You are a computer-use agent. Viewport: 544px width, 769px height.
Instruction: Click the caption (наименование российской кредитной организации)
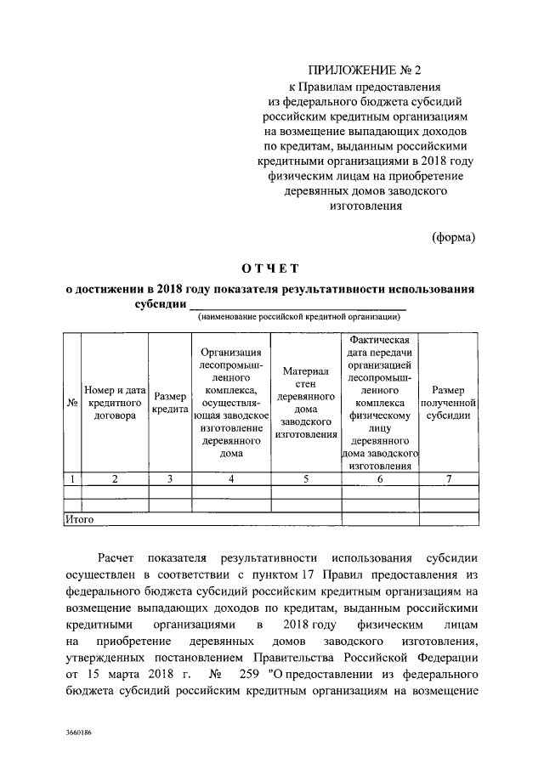pyautogui.click(x=299, y=317)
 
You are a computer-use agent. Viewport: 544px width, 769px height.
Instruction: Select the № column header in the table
pyautogui.click(x=72, y=402)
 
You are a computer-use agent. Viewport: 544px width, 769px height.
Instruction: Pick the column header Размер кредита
pyautogui.click(x=170, y=402)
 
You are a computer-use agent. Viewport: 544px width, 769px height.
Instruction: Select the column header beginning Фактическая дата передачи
pyautogui.click(x=380, y=402)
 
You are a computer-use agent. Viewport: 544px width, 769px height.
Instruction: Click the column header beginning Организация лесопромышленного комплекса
pyautogui.click(x=230, y=402)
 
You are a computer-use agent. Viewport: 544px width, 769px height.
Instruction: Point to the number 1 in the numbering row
pyautogui.click(x=72, y=479)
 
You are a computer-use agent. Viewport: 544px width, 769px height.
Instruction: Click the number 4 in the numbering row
pyautogui.click(x=230, y=479)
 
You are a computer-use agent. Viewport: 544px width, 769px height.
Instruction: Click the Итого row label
pyautogui.click(x=79, y=518)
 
